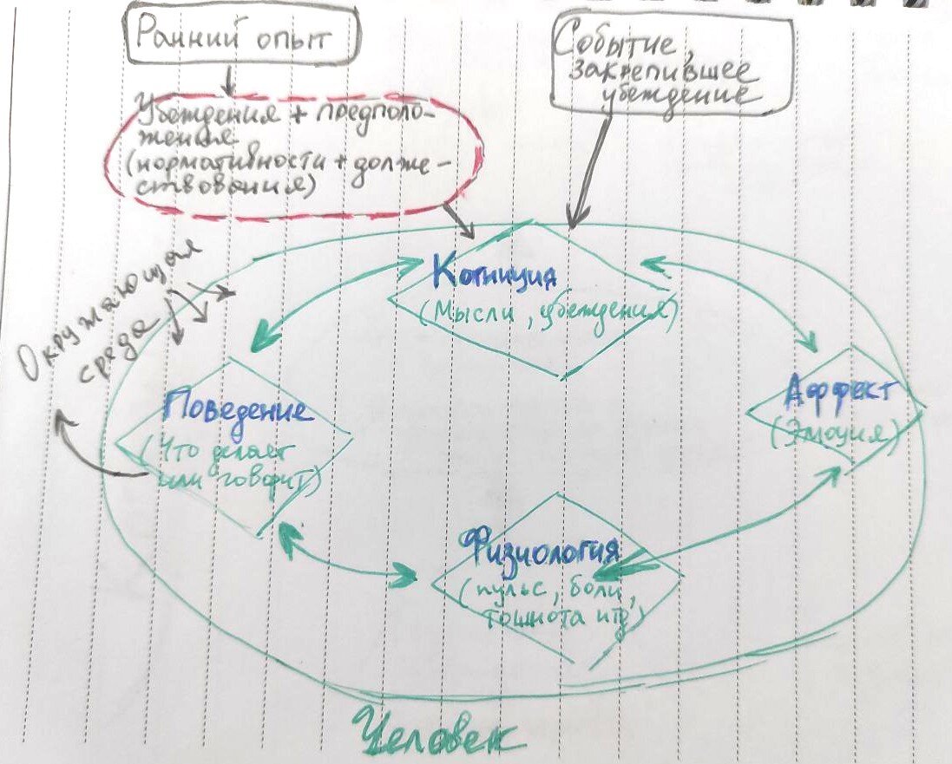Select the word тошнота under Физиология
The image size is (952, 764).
529,617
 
